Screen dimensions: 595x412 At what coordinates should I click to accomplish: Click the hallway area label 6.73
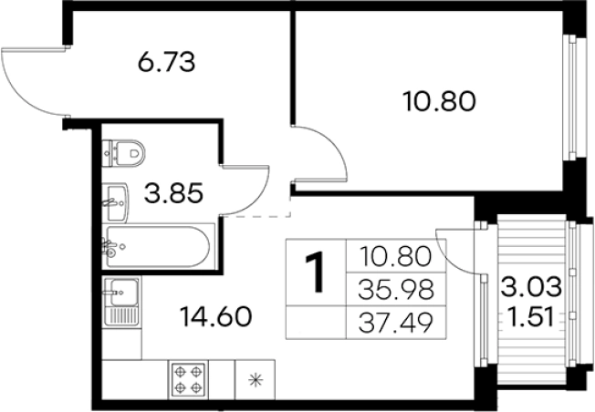(x=166, y=63)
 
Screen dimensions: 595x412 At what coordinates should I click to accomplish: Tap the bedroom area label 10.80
(x=440, y=101)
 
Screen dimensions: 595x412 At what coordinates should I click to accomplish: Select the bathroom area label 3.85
(x=173, y=193)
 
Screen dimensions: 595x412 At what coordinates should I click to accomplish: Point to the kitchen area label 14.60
(x=216, y=317)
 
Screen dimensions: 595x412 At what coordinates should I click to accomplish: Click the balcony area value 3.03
(x=531, y=287)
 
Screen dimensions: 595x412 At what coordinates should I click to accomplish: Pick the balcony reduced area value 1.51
(x=531, y=317)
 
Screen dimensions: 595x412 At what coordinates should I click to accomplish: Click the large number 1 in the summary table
(x=315, y=273)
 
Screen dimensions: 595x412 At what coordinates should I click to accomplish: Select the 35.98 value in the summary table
(x=396, y=290)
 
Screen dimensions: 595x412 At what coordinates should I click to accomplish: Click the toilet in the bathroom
(x=124, y=153)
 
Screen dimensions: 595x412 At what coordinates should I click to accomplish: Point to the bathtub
(x=158, y=247)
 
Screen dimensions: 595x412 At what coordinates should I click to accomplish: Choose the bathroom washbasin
(x=116, y=202)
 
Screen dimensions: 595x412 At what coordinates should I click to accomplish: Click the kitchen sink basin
(x=123, y=293)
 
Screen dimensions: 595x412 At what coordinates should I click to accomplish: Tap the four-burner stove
(x=188, y=379)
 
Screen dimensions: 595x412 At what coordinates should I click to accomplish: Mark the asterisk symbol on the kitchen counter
(x=256, y=380)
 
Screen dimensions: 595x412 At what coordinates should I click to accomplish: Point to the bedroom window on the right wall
(x=571, y=98)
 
